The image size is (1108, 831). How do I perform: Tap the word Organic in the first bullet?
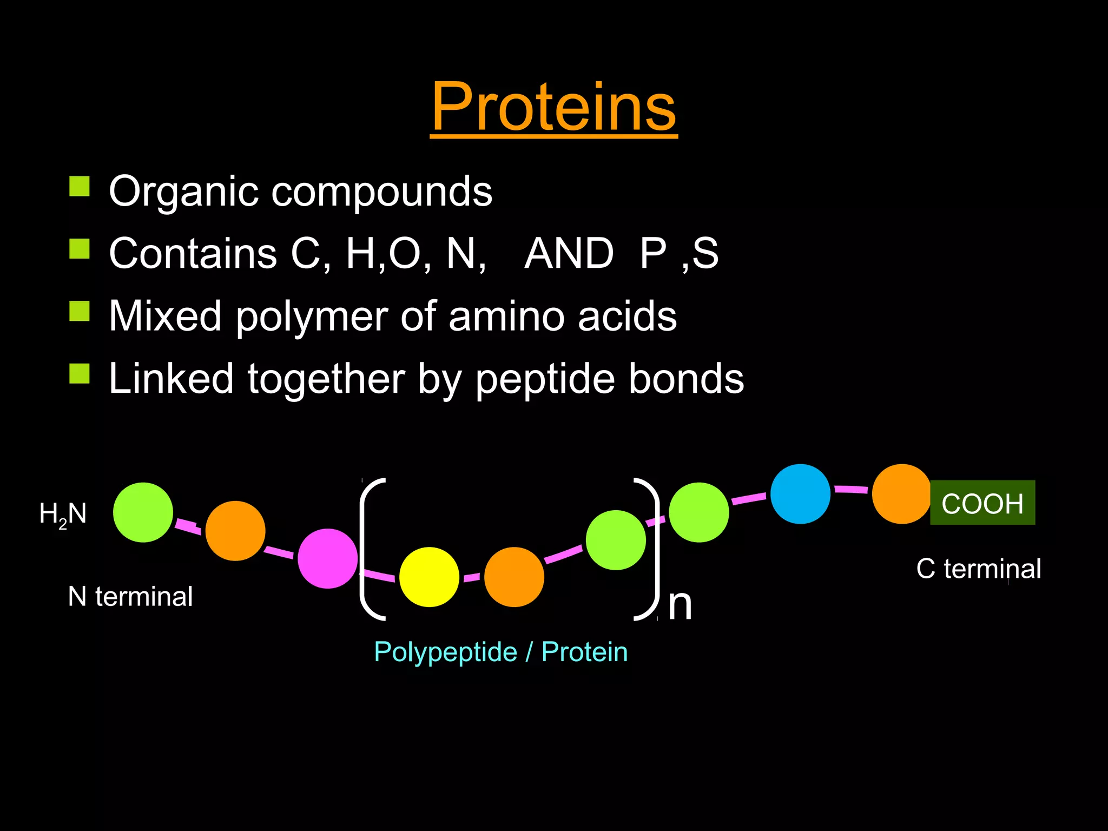click(x=183, y=192)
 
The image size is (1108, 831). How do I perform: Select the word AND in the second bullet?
click(x=569, y=253)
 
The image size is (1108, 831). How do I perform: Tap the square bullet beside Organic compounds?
click(x=80, y=187)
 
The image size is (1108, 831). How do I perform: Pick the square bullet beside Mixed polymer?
click(x=80, y=311)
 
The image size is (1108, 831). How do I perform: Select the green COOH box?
click(x=982, y=503)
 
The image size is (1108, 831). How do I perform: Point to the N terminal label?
click(x=130, y=597)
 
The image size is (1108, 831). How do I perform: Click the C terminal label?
click(x=978, y=569)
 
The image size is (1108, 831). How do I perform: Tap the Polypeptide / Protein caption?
click(x=500, y=652)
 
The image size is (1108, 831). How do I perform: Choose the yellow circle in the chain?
click(x=429, y=577)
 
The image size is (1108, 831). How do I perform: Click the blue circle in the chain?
click(x=800, y=494)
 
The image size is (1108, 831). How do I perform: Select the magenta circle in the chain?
click(x=328, y=558)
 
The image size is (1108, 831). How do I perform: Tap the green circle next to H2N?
click(x=143, y=512)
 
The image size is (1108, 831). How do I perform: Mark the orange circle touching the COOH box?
click(x=901, y=494)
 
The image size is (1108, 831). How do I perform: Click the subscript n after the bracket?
click(x=680, y=605)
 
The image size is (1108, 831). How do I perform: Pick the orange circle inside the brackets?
click(x=514, y=577)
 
